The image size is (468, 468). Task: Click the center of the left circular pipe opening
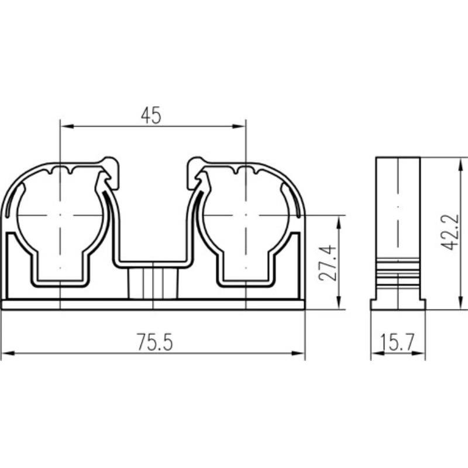60,215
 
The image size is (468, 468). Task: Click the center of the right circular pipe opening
246,215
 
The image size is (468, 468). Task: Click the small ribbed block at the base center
153,283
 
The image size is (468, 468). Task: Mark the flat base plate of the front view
153,305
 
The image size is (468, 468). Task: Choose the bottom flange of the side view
398,304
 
